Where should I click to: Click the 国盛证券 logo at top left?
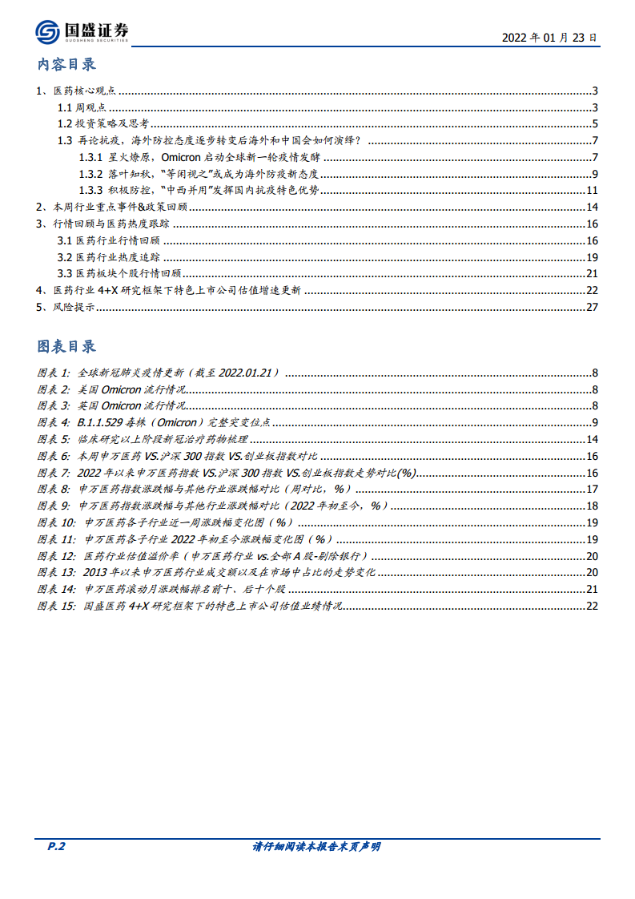click(x=82, y=32)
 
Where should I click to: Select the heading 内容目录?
click(x=66, y=65)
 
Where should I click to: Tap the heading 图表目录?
click(x=66, y=346)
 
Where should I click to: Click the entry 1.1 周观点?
click(x=81, y=107)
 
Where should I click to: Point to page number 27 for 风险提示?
click(x=593, y=307)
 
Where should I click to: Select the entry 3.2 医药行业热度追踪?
click(x=108, y=257)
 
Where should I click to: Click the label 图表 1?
click(x=54, y=373)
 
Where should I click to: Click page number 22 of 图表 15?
click(x=593, y=606)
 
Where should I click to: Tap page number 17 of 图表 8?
click(x=593, y=489)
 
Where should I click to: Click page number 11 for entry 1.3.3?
click(x=593, y=190)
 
